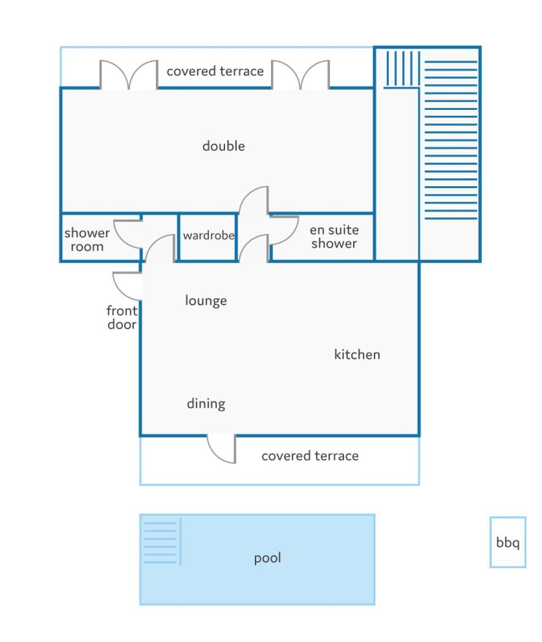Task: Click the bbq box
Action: point(508,542)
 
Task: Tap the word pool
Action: point(268,559)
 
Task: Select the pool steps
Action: point(162,542)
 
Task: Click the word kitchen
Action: point(357,354)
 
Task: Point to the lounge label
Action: point(206,301)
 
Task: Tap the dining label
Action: point(206,403)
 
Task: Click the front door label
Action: point(122,317)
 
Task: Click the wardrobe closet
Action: point(208,237)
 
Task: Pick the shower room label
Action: point(87,239)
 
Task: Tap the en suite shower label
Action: point(334,237)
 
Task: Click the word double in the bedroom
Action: point(223,145)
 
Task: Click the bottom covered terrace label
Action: point(310,456)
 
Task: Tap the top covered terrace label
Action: point(215,71)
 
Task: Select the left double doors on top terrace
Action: point(129,74)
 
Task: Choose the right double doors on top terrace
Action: point(300,74)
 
